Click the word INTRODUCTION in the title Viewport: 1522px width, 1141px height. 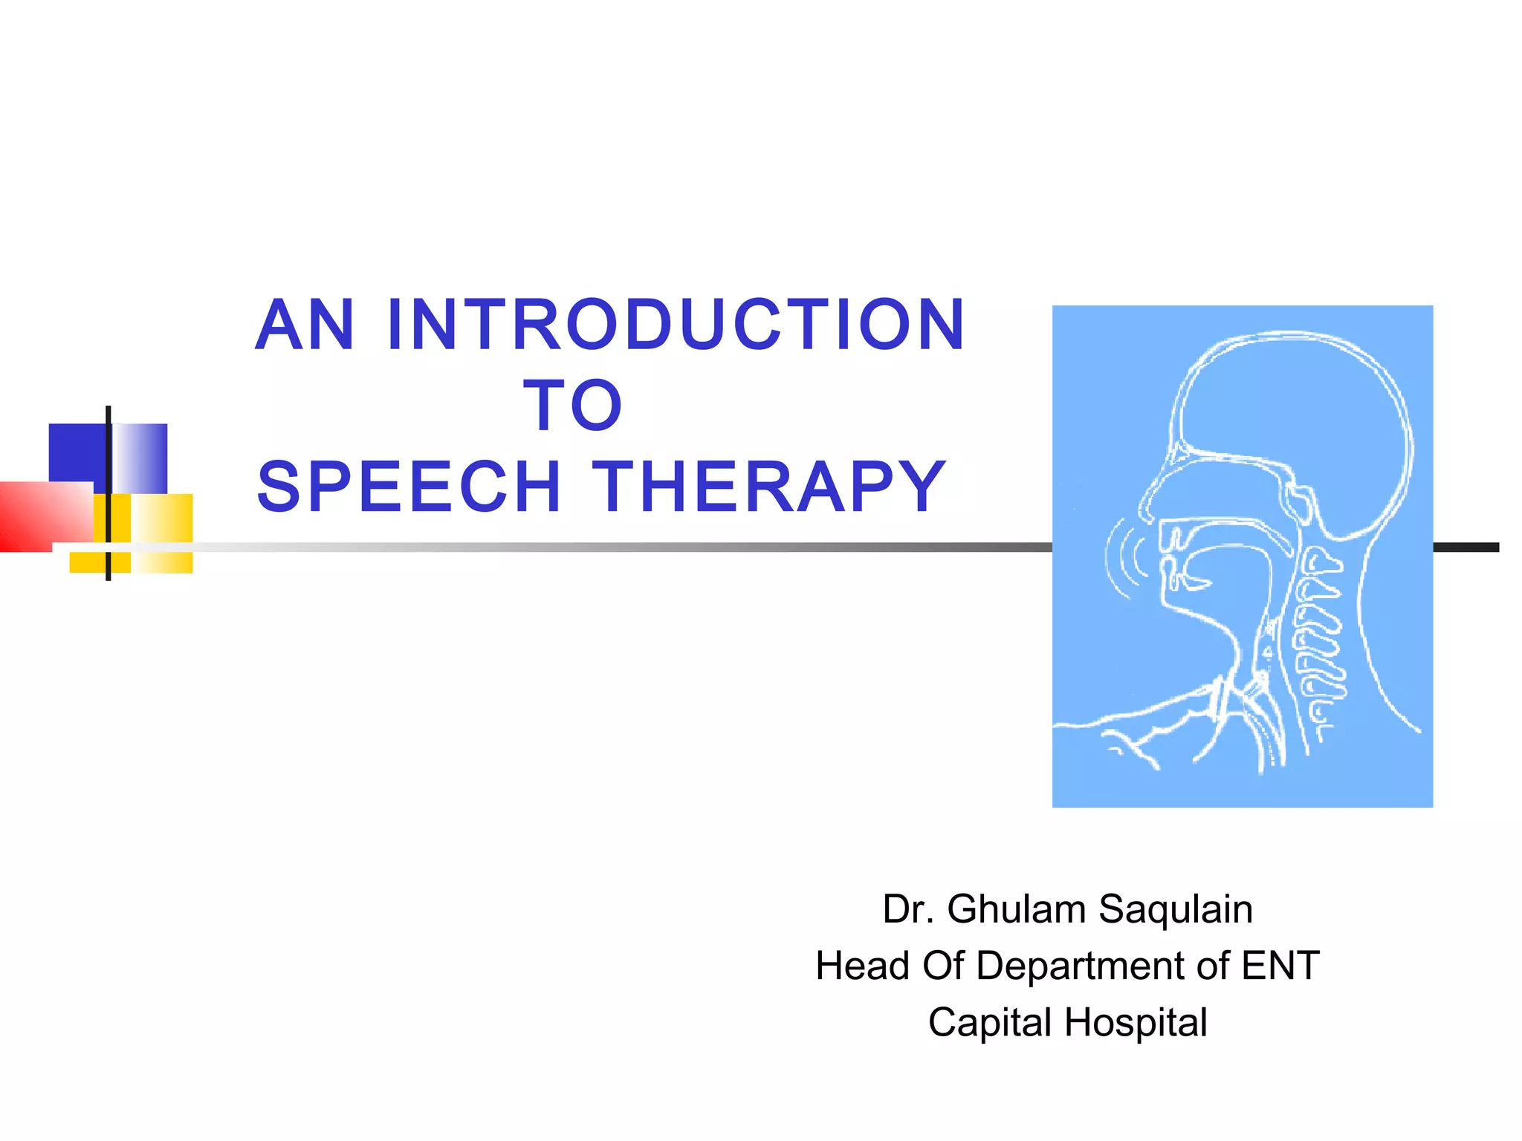[x=676, y=325]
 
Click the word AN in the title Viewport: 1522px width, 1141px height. [x=305, y=325]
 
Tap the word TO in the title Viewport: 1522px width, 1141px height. [x=572, y=406]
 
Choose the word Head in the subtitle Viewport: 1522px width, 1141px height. [x=862, y=966]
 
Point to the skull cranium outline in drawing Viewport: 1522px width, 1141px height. [x=1293, y=401]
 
